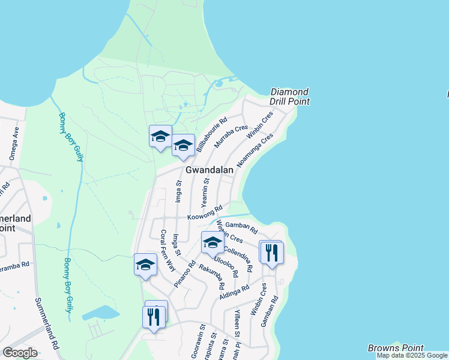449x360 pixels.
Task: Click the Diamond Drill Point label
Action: click(x=290, y=97)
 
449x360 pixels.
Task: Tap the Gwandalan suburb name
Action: click(x=209, y=170)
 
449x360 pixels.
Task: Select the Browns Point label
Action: click(x=396, y=348)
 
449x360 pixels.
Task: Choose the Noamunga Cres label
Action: click(x=255, y=150)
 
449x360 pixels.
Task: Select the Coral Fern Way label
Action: click(x=167, y=251)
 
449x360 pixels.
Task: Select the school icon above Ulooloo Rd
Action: click(x=212, y=242)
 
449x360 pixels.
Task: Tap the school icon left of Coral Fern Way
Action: click(x=145, y=265)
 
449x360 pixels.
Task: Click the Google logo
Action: click(x=20, y=353)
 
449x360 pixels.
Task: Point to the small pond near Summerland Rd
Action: click(x=100, y=313)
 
